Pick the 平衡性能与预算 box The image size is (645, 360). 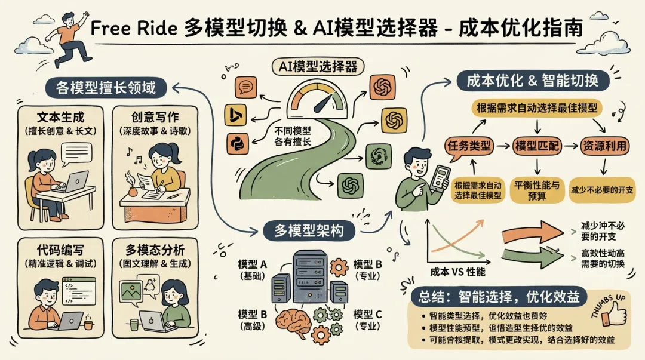tap(538, 190)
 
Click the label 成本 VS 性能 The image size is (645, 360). tap(457, 272)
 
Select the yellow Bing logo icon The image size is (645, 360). tap(235, 115)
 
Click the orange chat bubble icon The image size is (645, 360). tap(245, 87)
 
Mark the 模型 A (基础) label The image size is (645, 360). tap(253, 270)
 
